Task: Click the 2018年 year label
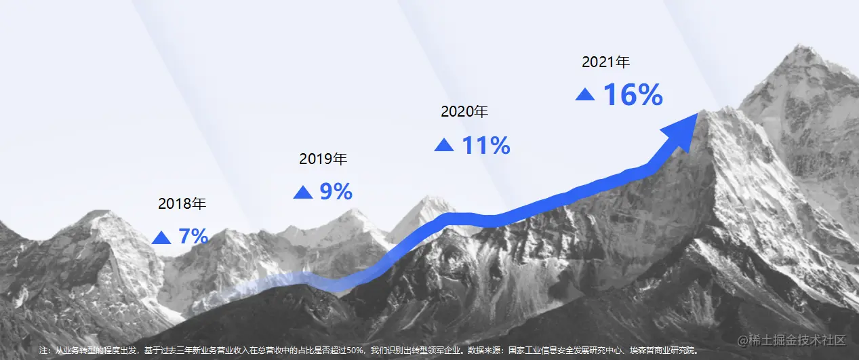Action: click(182, 203)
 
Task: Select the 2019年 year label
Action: click(323, 159)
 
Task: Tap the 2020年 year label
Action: click(464, 112)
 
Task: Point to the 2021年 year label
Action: click(606, 62)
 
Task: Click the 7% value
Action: click(194, 236)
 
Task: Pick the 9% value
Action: click(336, 191)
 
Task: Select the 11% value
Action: click(486, 145)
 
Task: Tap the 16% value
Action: click(633, 95)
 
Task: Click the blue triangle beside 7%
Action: click(161, 238)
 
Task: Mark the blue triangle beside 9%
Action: click(303, 192)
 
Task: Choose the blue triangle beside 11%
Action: click(444, 145)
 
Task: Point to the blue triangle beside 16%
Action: click(585, 94)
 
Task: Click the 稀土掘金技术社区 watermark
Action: click(792, 340)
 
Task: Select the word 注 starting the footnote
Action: click(43, 351)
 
